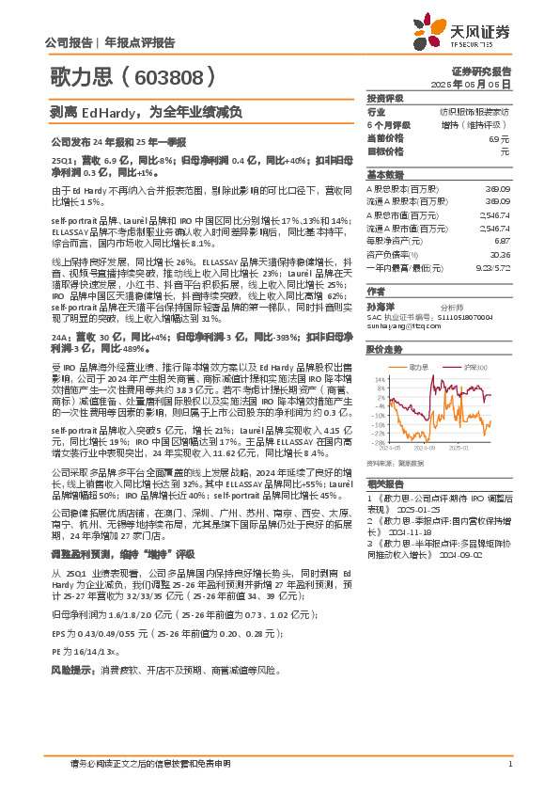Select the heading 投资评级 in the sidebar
385,98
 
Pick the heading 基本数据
385,175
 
